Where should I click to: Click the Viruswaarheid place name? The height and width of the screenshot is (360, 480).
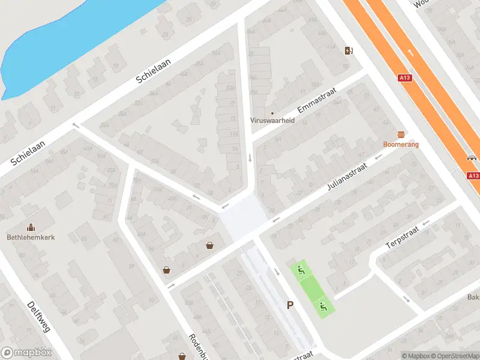point(272,120)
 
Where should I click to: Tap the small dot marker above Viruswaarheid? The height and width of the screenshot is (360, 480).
point(272,112)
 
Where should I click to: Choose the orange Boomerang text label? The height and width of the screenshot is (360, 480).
point(401,145)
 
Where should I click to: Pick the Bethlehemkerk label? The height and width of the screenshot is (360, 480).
point(31,237)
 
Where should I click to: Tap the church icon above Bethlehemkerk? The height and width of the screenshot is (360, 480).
point(31,227)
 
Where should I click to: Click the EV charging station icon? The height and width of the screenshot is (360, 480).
point(349,50)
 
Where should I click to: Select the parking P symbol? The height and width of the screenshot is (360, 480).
point(290,305)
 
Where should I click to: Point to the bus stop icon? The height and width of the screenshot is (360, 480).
point(472,158)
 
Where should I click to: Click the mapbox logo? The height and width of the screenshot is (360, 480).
point(27,353)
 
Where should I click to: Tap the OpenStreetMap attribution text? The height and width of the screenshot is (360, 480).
point(454,356)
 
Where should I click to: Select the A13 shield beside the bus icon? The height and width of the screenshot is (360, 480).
point(473,176)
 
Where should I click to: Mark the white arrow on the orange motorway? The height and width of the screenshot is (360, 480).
point(411,52)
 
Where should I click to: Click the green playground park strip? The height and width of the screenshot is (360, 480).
point(311,288)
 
